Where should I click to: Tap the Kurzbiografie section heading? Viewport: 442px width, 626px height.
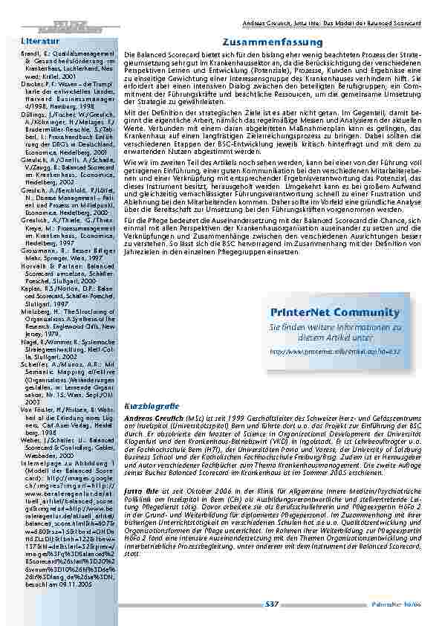point(152,385)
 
